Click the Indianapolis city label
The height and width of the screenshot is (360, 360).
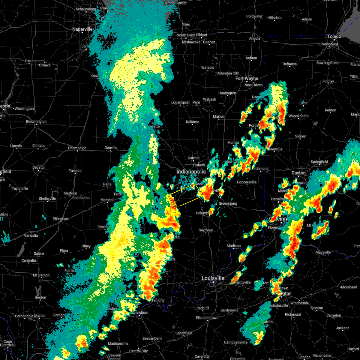(191, 172)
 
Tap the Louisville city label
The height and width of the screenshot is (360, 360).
(213, 278)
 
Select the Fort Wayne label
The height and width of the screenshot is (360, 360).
(247, 78)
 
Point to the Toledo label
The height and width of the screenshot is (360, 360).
(334, 36)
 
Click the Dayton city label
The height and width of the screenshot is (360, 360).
(298, 173)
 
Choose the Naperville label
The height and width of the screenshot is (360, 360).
(82, 29)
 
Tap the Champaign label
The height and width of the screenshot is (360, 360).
(77, 148)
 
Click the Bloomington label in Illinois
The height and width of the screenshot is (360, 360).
(36, 121)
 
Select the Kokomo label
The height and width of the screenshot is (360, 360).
(193, 122)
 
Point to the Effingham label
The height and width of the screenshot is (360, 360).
(61, 219)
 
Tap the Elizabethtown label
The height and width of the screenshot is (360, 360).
(207, 318)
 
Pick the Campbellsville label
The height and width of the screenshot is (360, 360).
(236, 342)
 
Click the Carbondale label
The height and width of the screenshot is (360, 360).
(26, 316)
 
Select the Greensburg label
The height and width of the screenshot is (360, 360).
(228, 203)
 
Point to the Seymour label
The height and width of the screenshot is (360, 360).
(206, 230)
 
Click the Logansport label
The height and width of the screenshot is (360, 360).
(180, 102)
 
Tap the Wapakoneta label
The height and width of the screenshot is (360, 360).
(298, 116)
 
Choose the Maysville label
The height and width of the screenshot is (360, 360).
(323, 252)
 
